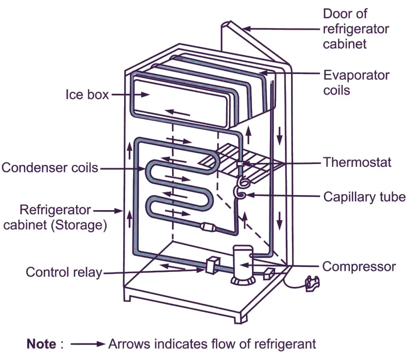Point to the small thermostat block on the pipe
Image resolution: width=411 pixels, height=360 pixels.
tap(240, 164)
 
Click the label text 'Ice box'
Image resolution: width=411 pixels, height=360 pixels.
tap(87, 95)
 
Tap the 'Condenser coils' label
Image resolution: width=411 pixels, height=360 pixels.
tap(49, 168)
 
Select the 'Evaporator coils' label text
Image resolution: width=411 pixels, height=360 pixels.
tap(356, 82)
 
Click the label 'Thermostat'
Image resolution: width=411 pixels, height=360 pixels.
tap(357, 162)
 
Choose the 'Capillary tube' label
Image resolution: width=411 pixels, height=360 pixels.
tap(364, 197)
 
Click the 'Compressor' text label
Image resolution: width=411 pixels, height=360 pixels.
tap(359, 266)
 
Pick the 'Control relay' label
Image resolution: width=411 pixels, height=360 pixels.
tap(64, 272)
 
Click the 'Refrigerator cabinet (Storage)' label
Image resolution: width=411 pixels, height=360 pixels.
tap(55, 218)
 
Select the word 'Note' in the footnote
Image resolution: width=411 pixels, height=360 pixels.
tap(41, 344)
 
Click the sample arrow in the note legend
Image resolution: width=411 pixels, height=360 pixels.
tap(88, 344)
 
